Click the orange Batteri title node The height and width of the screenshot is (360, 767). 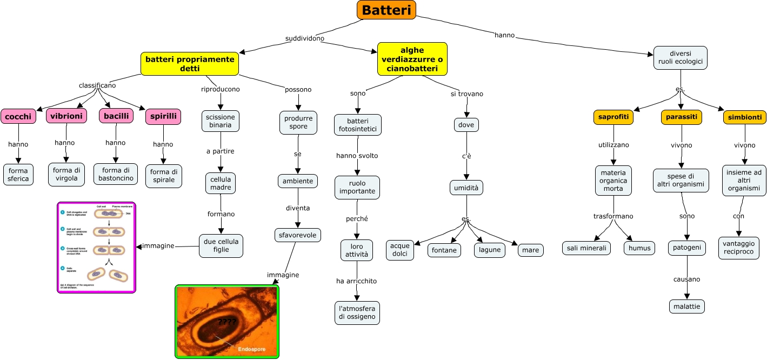[x=386, y=10]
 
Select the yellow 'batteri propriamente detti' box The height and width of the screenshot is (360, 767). [x=190, y=64]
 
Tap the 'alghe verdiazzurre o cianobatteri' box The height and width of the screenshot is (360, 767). [x=412, y=58]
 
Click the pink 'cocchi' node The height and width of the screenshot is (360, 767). [x=18, y=116]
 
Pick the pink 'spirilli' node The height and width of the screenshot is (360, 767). [x=163, y=116]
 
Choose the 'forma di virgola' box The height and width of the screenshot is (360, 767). [x=66, y=175]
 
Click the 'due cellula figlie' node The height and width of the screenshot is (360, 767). [x=221, y=245]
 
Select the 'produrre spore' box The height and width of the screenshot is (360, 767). [x=298, y=122]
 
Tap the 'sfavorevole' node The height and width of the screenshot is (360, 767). [x=298, y=235]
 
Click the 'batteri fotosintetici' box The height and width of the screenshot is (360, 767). [x=357, y=125]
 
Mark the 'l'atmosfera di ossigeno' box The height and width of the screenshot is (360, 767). [x=357, y=312]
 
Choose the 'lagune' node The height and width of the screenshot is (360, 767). [x=489, y=250]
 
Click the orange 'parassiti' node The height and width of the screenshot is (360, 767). [x=682, y=117]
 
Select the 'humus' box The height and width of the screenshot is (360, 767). [x=639, y=248]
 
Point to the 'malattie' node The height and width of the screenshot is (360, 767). [x=686, y=306]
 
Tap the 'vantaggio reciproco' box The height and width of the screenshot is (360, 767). [x=738, y=248]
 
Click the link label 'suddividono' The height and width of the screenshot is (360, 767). [x=305, y=39]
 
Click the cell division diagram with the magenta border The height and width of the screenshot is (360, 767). [x=96, y=248]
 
